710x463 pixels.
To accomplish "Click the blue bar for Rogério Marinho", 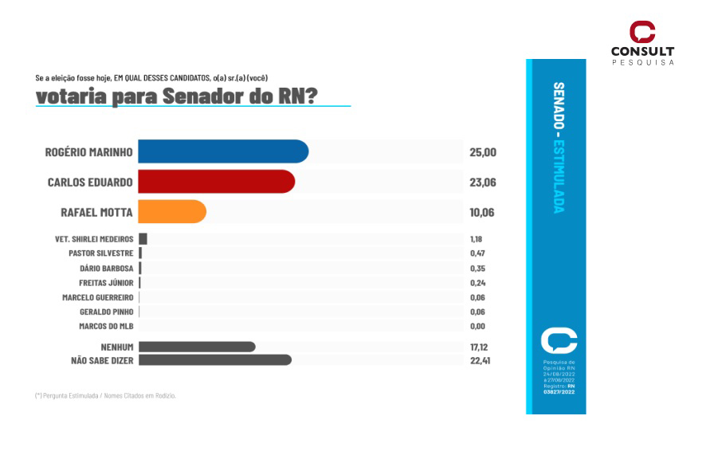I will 223,151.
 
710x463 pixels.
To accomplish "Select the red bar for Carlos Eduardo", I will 216,182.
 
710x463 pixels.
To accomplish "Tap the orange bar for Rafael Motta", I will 172,212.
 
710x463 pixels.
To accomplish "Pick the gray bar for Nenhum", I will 197,347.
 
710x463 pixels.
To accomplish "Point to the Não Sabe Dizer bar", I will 215,360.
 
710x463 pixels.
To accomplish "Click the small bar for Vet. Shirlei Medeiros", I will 143,238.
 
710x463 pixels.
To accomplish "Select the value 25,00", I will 483,152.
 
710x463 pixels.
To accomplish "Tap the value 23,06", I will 483,182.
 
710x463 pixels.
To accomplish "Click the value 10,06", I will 483,213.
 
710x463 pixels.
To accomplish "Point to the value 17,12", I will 478,347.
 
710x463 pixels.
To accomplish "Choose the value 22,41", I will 478,360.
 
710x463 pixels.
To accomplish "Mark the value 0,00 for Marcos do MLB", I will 477,327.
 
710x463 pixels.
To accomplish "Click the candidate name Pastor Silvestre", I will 101,253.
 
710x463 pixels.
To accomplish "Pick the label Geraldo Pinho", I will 105,312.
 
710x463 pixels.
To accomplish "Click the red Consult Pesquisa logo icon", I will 642,33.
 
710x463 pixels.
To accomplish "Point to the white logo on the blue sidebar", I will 559,340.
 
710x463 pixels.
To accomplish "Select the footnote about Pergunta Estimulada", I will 105,395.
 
